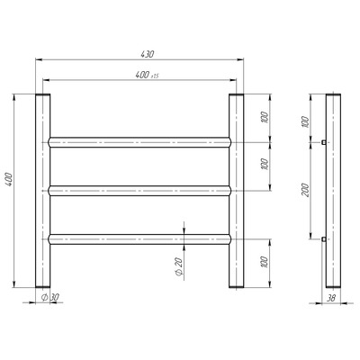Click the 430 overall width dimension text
tap(148, 54)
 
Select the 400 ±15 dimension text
tap(147, 75)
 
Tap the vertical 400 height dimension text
tap(10, 179)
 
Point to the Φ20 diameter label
tap(178, 267)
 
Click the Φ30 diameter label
tap(49, 297)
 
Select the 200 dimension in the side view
tap(305, 190)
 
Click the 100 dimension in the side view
tap(305, 121)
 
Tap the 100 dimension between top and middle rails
tap(265, 164)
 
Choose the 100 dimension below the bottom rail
tap(265, 262)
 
